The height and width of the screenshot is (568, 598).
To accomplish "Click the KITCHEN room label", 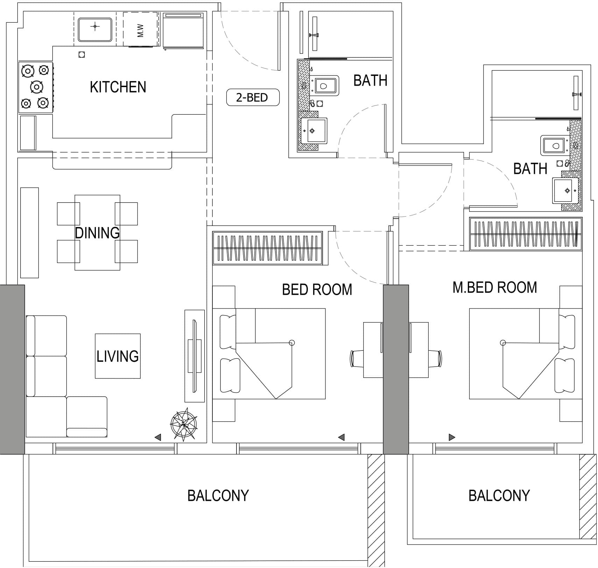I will [x=118, y=87].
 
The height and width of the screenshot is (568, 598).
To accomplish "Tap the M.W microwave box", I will [x=140, y=30].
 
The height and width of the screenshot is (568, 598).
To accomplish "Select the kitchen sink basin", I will [x=95, y=30].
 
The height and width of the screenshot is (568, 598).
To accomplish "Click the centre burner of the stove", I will [x=36, y=86].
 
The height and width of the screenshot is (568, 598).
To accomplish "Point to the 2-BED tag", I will [x=252, y=98].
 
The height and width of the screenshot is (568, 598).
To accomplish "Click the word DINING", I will [x=97, y=233].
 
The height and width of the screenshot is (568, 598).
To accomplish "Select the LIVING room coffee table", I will [x=118, y=356].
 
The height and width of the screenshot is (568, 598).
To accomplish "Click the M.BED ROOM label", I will [x=494, y=287].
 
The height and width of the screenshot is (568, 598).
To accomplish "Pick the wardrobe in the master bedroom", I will [x=525, y=234].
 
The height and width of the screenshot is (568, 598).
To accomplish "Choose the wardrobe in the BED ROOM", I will [x=267, y=248].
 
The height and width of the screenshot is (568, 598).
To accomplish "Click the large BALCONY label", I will [x=218, y=496].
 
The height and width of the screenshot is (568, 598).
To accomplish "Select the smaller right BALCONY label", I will [x=499, y=496].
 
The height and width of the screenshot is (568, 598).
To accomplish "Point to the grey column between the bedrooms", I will [x=396, y=369].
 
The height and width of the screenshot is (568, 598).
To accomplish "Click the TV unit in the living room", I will [x=195, y=356].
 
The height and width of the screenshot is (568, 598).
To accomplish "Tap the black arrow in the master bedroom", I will [x=451, y=437].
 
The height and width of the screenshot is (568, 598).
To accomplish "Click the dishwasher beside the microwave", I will [x=183, y=30].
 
